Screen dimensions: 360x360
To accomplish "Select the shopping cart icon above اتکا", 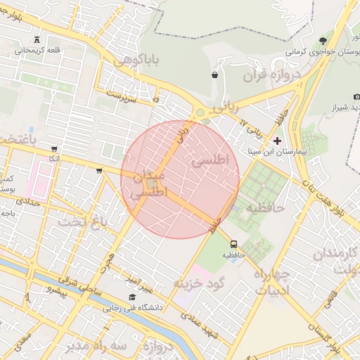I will [54, 149].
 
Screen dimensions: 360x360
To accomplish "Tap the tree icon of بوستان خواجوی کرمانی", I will [323, 41].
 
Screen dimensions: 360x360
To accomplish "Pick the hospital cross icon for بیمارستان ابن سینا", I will [277, 141].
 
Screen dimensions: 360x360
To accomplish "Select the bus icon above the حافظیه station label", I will [233, 244].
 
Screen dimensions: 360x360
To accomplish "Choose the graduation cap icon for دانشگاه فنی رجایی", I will [132, 297].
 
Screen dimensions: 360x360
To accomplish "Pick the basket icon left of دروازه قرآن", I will [214, 75].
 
